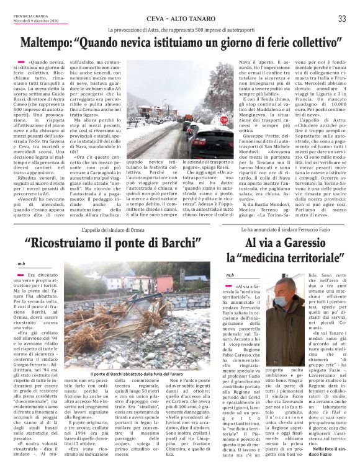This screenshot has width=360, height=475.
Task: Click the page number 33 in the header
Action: [342, 19]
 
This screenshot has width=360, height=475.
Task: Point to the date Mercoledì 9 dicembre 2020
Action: [34, 20]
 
